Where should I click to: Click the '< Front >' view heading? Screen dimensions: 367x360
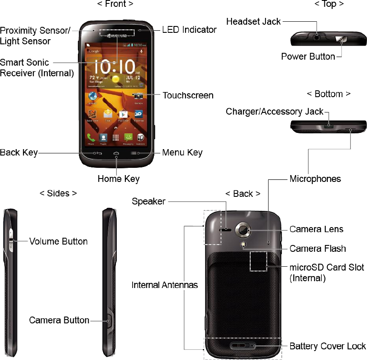tap(115, 4)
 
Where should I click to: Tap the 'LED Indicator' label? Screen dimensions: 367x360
tap(190, 30)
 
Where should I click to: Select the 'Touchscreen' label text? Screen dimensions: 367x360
tap(188, 95)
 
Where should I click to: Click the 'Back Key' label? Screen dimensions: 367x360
tap(19, 153)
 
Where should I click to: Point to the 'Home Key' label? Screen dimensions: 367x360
tap(118, 179)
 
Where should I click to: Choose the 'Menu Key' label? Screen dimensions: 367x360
tap(182, 153)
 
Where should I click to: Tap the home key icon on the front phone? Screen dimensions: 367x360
tap(116, 153)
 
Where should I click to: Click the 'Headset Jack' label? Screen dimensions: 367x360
tap(254, 21)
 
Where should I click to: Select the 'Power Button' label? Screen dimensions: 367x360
tap(308, 56)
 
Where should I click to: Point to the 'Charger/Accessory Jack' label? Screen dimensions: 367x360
tap(275, 112)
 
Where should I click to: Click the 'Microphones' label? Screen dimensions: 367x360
tap(315, 179)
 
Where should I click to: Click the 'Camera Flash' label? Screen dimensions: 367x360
tap(318, 248)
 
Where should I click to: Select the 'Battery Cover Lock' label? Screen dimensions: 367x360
tap(327, 346)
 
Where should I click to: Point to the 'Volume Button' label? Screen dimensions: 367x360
tap(58, 241)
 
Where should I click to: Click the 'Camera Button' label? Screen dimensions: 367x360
tap(59, 320)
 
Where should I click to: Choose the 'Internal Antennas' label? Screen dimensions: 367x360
tap(165, 285)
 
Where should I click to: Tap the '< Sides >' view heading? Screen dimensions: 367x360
tap(58, 193)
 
